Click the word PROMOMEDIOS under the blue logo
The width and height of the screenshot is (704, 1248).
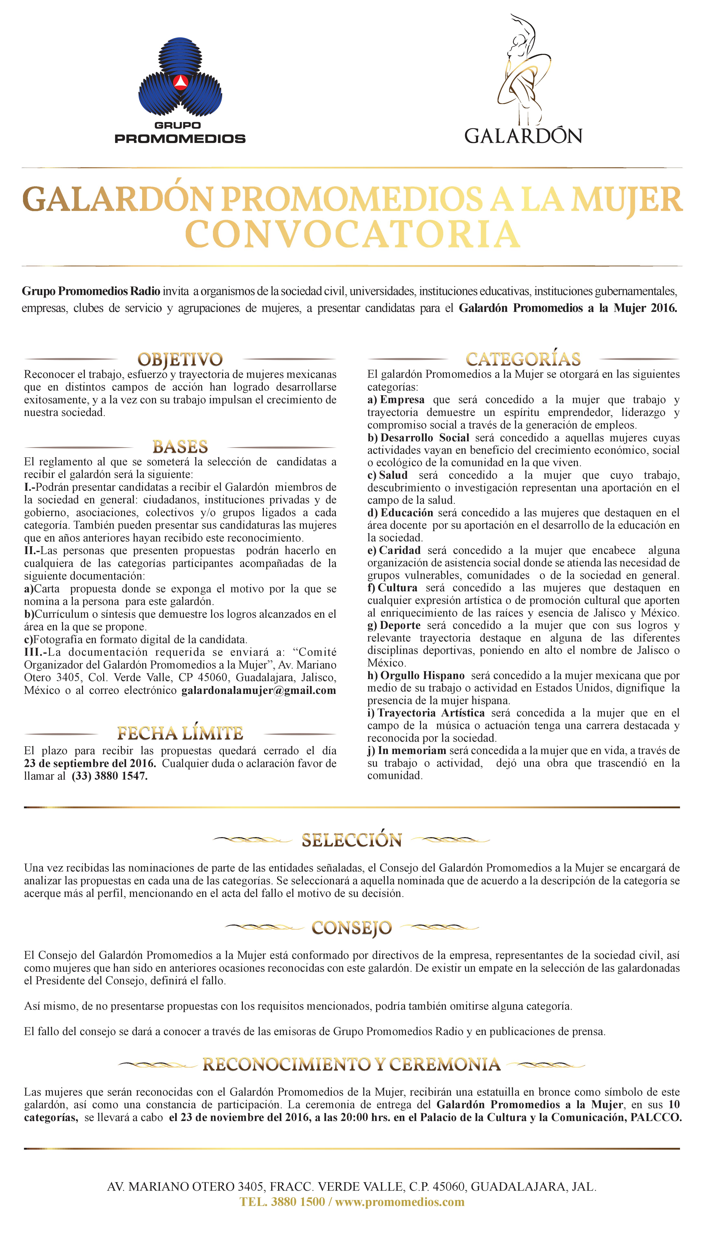(180, 139)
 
